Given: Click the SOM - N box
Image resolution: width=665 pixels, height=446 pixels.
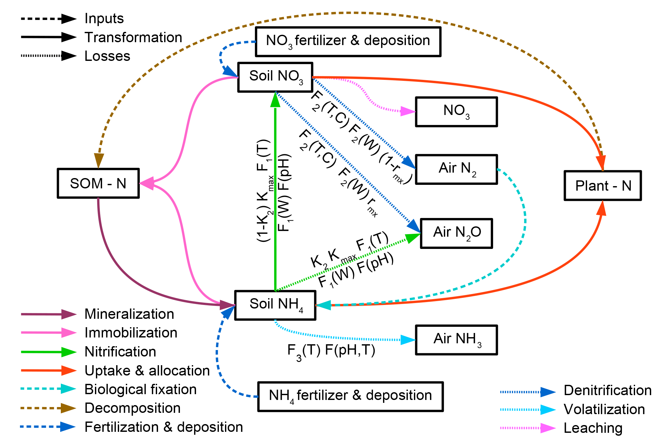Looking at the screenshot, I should tap(98, 183).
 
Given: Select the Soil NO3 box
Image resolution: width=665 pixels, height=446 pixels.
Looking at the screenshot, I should tap(275, 77).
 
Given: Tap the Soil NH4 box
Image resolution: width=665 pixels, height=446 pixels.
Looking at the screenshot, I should tap(275, 305).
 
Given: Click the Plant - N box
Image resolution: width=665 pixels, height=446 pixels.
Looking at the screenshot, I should tap(603, 185).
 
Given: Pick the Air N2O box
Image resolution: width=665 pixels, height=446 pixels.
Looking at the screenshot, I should tap(456, 233).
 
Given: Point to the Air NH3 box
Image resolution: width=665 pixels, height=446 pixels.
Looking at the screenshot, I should tap(456, 340).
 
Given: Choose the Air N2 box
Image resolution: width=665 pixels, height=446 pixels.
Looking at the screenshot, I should tap(456, 169).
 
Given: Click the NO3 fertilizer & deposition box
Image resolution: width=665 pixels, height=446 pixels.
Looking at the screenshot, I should tap(348, 42).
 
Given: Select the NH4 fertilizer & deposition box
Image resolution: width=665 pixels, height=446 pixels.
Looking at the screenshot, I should tap(351, 396).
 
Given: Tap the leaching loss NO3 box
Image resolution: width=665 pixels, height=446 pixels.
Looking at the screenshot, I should tap(456, 111).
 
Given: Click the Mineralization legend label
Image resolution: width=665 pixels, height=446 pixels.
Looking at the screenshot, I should tap(129, 314).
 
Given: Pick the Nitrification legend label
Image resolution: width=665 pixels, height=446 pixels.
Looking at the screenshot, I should tap(120, 352).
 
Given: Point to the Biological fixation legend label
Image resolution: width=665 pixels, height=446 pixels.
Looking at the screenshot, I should tap(140, 389).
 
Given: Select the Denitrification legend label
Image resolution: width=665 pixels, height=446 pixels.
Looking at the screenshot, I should tap(607, 390).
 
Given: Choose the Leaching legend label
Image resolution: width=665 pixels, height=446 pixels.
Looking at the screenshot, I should tap(593, 428).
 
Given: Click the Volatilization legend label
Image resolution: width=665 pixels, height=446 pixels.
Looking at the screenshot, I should tap(604, 409).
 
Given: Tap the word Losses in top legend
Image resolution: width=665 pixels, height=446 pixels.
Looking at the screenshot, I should tap(107, 56).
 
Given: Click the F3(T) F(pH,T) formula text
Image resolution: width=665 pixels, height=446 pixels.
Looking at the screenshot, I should tap(331, 350).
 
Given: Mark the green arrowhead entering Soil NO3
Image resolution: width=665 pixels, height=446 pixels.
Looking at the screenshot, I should tap(275, 100).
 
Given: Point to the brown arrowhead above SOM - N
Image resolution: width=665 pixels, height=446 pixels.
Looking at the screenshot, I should tap(99, 160).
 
